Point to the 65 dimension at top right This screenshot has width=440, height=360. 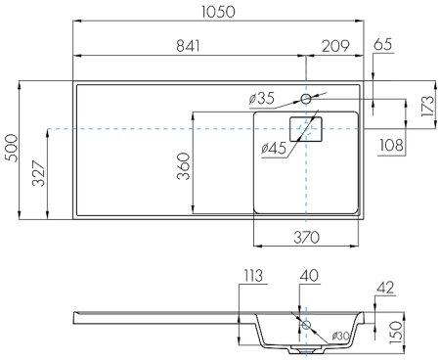(x=383, y=45)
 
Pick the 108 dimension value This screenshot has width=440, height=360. (x=392, y=144)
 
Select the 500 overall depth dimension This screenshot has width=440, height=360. (x=11, y=149)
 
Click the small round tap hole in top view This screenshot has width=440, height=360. (x=306, y=99)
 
